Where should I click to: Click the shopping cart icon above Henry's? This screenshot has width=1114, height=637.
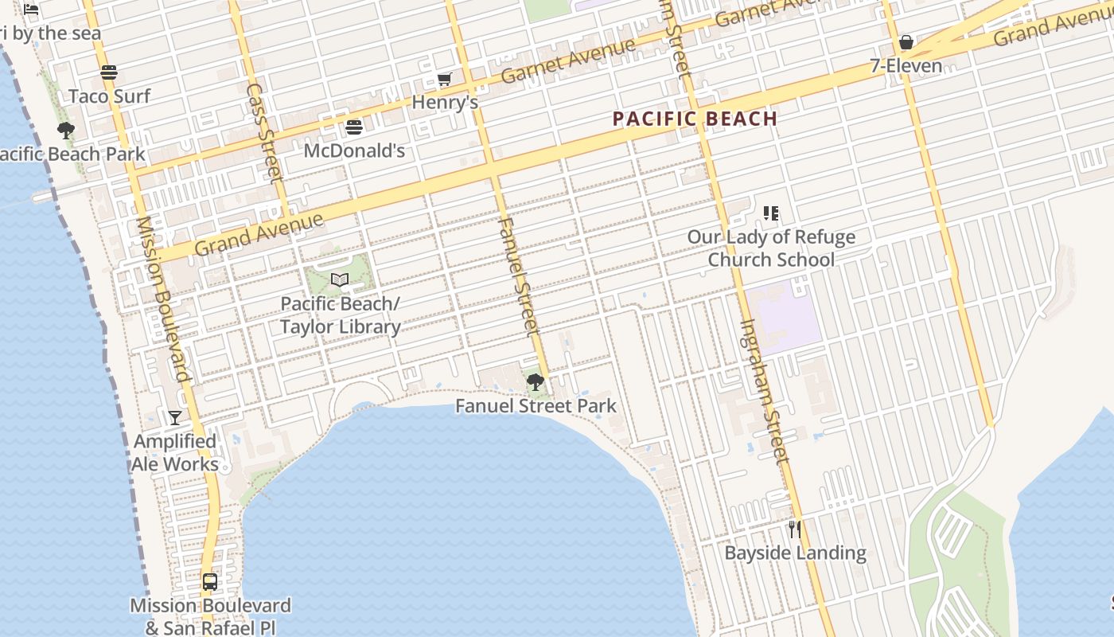pos(445,79)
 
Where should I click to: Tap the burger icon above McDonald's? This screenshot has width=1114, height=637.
pos(354,127)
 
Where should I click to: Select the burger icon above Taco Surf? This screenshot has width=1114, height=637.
pos(109,72)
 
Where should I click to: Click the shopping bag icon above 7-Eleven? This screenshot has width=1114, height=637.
pos(906,42)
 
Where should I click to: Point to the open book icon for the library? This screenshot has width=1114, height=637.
pos(340,279)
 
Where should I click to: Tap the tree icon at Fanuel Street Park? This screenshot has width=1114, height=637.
pos(536,382)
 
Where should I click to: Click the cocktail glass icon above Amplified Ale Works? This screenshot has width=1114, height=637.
pos(175,417)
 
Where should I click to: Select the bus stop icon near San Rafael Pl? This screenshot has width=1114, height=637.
pos(210,582)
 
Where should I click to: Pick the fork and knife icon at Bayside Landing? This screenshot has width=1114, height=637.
pos(794,529)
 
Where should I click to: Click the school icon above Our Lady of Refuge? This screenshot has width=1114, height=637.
pos(770,213)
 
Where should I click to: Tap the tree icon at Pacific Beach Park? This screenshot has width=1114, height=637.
pos(66,131)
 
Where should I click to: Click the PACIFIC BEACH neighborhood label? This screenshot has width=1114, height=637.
pos(695,119)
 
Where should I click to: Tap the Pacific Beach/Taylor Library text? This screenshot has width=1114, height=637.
pos(340,315)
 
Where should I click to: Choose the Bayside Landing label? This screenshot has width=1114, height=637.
pos(795,553)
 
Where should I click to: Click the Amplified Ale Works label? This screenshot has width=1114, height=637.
pos(175,452)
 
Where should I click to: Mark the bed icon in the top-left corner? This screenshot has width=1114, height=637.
pos(31,10)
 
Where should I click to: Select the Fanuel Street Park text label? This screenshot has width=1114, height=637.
pos(536,406)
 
